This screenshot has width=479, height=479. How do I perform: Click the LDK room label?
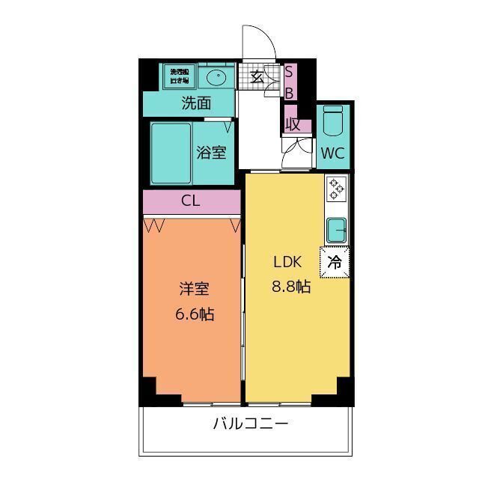click(x=287, y=262)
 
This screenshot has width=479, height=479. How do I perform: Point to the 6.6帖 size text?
click(x=195, y=314)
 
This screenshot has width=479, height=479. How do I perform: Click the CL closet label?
click(x=191, y=201)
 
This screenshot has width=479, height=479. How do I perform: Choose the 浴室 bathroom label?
click(x=211, y=153)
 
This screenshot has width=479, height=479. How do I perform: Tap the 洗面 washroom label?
click(x=196, y=103)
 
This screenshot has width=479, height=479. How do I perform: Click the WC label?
click(x=333, y=154)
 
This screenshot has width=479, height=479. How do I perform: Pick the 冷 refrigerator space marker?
click(x=335, y=262)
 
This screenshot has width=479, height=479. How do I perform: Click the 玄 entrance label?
click(x=257, y=76)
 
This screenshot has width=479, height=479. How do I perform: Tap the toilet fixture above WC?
click(x=334, y=122)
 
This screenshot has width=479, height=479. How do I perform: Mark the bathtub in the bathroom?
click(x=171, y=153)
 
